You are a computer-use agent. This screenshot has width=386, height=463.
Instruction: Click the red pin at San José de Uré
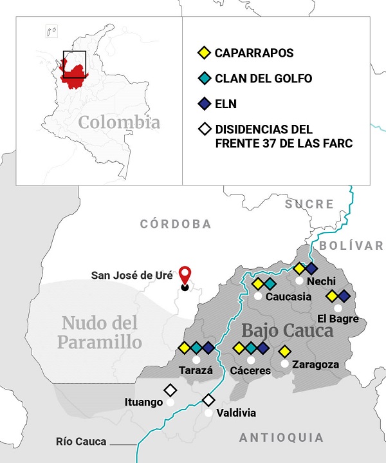185,274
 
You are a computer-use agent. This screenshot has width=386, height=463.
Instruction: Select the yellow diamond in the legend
204,52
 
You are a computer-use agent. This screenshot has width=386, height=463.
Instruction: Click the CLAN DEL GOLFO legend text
263,79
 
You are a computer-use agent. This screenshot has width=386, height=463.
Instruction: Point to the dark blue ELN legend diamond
204,104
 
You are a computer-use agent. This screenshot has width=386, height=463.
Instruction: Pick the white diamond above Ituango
170,390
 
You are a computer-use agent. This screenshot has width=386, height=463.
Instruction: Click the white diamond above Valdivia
208,401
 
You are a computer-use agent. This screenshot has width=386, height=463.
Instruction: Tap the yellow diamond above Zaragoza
284,352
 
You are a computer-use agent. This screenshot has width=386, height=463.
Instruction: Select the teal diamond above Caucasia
270,283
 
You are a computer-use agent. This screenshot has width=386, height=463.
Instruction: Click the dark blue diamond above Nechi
311,268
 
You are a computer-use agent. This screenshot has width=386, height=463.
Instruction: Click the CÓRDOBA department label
176,224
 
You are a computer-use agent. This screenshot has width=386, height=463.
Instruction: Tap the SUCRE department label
310,204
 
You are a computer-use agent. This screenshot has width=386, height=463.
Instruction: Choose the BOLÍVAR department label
351,245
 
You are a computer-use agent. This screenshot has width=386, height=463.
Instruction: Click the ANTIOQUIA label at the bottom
282,438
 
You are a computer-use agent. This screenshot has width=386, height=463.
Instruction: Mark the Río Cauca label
81,442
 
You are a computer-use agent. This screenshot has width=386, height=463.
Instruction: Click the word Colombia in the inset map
119,122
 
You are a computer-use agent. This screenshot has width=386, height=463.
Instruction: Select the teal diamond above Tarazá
196,348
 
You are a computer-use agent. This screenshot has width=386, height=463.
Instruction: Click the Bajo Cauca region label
287,331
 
